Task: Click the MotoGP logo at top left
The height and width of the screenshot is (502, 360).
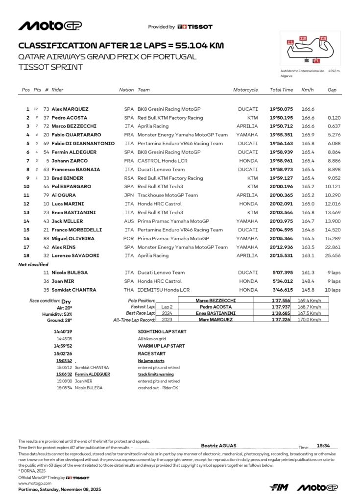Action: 50,26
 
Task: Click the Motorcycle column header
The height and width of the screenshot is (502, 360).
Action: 245,90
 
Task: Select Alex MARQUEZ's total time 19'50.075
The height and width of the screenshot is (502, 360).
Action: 281,109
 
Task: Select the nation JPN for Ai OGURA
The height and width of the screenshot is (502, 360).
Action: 129,195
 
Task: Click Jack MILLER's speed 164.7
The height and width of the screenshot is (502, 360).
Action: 308,221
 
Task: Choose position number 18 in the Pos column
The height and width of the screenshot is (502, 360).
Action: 28,255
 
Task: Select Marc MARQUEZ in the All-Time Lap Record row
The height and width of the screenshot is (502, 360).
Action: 216,319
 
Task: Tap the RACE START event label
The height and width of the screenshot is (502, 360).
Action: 152,353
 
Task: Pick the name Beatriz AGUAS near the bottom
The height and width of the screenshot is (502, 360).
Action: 218,446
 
